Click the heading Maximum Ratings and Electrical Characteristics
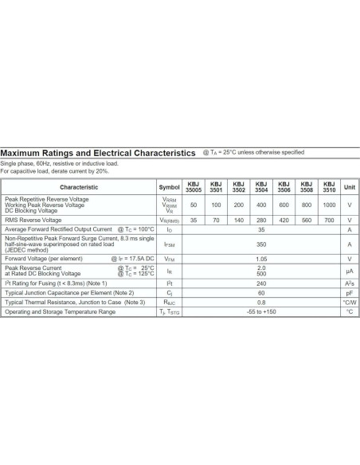98,152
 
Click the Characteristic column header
79,187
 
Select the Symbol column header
170,187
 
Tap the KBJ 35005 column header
194,187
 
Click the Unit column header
349,187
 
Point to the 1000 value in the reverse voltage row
329,205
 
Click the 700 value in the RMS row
329,219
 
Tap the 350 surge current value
260,244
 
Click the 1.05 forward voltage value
260,259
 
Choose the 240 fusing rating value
260,283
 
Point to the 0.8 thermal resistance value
260,302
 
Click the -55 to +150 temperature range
260,311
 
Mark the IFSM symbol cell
170,244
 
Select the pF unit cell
349,292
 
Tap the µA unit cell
349,271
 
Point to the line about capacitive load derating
54,171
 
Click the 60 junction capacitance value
260,292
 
